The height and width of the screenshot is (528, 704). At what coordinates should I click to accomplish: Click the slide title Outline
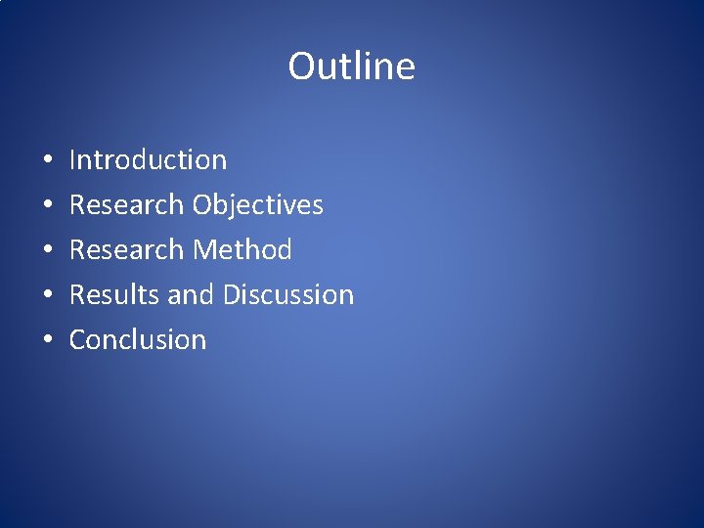tap(351, 66)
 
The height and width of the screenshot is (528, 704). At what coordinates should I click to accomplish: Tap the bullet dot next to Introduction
tap(48, 160)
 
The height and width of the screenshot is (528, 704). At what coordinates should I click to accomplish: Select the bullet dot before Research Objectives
tap(48, 205)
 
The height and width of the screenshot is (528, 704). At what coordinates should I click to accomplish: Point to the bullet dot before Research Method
tap(48, 250)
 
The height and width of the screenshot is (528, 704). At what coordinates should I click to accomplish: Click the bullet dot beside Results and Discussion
tap(48, 295)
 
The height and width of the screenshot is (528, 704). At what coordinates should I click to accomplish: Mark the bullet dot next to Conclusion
tap(48, 340)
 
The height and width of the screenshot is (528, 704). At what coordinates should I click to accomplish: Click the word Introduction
tap(148, 159)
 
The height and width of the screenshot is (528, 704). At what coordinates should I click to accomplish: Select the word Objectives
tap(258, 204)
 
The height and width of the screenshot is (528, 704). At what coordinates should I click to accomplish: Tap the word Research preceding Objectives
tap(126, 204)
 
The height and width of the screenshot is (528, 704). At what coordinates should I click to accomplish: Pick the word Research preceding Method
tap(126, 249)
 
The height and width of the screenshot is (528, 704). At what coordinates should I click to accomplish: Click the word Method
tap(242, 249)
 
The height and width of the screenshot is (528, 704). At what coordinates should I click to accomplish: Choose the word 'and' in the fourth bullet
tap(186, 294)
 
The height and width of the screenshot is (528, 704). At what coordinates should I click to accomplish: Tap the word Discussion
tap(288, 294)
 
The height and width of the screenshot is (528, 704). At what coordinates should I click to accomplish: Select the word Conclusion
tap(138, 339)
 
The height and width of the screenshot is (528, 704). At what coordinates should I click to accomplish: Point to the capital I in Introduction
tap(73, 159)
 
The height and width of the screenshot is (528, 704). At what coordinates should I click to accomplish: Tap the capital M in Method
tap(204, 249)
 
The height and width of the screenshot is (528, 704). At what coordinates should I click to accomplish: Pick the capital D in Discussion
tap(232, 294)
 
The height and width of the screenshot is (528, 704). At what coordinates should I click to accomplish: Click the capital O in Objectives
tap(203, 204)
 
